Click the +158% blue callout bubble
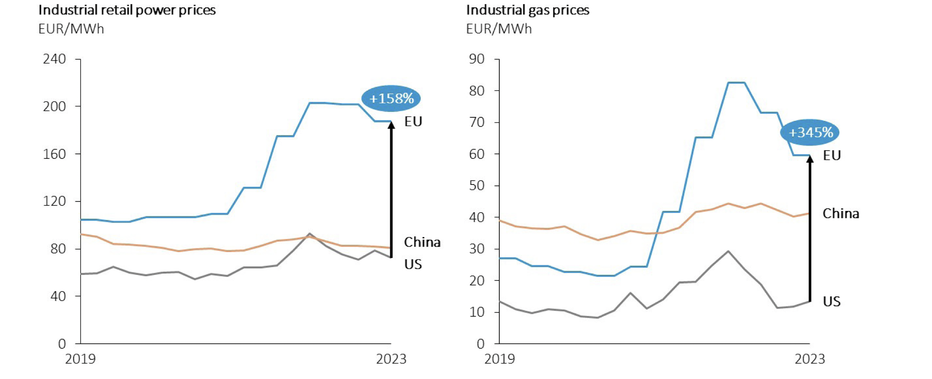pos(391,98)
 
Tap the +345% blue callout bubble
pos(810,132)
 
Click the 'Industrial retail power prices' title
pos(127,10)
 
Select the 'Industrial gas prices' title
pos(528,10)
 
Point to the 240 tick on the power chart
pos(54,59)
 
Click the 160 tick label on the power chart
pos(54,154)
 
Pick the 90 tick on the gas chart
pos(476,59)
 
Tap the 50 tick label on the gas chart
pos(476,185)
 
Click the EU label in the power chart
pos(413,121)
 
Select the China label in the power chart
pos(422,242)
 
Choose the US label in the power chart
pos(413,264)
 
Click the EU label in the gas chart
pos(832,156)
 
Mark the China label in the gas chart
pos(841,214)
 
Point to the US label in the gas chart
pos(832,301)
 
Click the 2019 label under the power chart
pos(80,359)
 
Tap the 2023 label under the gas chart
pos(810,359)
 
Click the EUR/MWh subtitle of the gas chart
pos(498,29)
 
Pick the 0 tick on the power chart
pos(62,343)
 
